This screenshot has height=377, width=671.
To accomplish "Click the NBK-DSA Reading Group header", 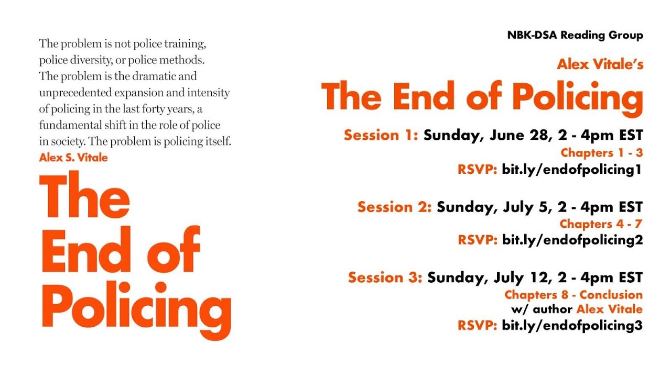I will (x=575, y=36).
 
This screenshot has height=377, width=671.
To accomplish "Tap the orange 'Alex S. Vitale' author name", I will (x=73, y=157).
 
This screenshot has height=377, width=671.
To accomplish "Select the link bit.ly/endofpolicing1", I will (x=572, y=169).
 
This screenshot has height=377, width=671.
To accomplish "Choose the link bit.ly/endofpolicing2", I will (x=572, y=240).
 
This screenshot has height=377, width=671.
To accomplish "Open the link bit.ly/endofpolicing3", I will (x=572, y=325).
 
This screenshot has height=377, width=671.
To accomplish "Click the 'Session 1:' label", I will (x=381, y=135).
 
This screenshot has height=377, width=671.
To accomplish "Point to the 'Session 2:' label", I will (x=394, y=207).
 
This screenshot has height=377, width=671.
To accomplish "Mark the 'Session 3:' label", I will (x=385, y=277).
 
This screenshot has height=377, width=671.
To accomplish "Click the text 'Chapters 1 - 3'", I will (x=601, y=153).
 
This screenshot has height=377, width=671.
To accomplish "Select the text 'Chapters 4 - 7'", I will (x=601, y=224).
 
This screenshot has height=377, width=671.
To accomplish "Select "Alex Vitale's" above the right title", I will (x=600, y=65).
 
